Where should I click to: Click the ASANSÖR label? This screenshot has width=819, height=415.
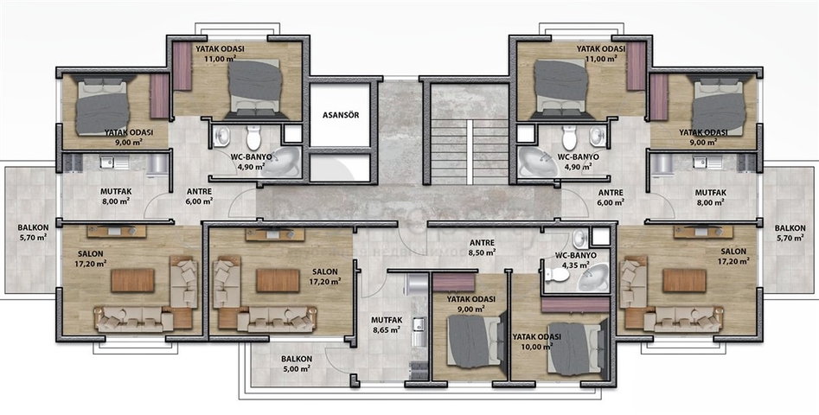click(x=341, y=115)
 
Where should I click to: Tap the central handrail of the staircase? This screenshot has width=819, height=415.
click(x=470, y=152)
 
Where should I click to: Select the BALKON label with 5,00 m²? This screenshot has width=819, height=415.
click(x=297, y=359)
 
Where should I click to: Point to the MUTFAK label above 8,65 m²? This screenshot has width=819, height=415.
click(x=386, y=320)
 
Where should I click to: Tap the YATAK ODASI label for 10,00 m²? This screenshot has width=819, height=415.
click(x=536, y=336)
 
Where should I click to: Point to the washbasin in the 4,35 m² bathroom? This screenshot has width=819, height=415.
click(x=579, y=239)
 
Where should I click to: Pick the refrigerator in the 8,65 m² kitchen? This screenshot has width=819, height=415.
click(x=418, y=286)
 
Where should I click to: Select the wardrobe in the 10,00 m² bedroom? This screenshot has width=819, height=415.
click(x=575, y=305)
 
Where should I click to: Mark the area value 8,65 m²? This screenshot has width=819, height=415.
click(x=387, y=329)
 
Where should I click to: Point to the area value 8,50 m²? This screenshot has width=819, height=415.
click(x=482, y=252)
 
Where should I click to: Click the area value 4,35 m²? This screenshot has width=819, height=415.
click(x=575, y=265)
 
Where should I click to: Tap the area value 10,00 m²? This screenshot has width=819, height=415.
click(x=539, y=346)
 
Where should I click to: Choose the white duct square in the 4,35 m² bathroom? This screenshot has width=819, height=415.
click(x=601, y=237)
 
